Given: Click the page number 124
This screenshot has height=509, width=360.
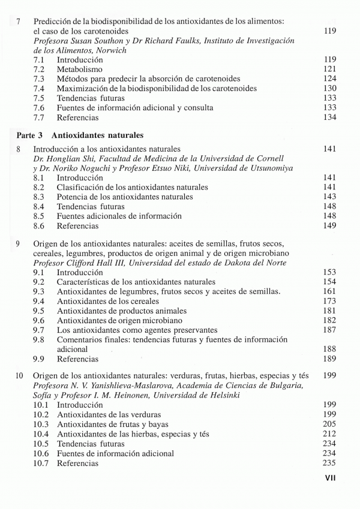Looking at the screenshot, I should tap(329, 79).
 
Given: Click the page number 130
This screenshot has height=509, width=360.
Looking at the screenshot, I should tap(329, 89).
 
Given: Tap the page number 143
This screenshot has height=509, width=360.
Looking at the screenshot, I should tap(329, 197).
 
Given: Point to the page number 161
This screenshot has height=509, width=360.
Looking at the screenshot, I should tap(329, 291).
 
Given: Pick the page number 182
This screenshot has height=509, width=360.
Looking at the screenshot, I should tap(329, 320).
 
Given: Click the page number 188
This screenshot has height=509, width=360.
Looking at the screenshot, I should tap(329, 350).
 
